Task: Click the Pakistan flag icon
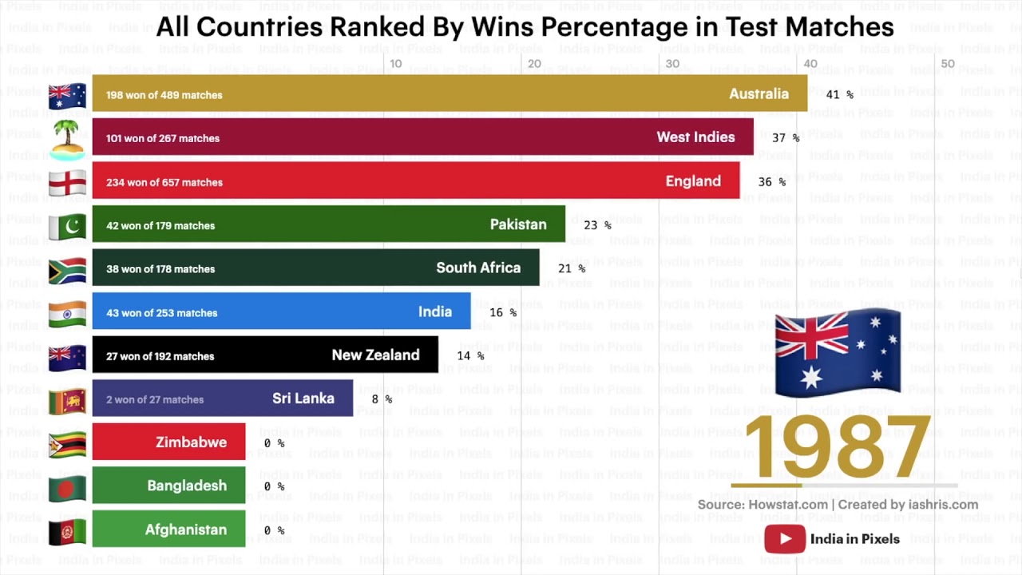click(67, 226)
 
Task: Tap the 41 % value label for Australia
click(839, 94)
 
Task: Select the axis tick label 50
click(948, 64)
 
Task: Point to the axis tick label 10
click(395, 64)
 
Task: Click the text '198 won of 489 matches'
click(164, 95)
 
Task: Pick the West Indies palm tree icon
click(67, 138)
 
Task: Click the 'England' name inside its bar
click(693, 181)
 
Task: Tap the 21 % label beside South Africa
click(572, 268)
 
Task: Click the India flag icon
click(67, 313)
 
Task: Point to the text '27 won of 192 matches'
click(160, 356)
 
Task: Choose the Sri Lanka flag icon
click(67, 400)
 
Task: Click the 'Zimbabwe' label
click(191, 442)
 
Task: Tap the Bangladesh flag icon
click(67, 487)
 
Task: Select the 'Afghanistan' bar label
click(185, 529)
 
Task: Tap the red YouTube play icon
click(784, 539)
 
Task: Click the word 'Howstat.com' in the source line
click(788, 505)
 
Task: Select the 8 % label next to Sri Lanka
click(382, 399)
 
